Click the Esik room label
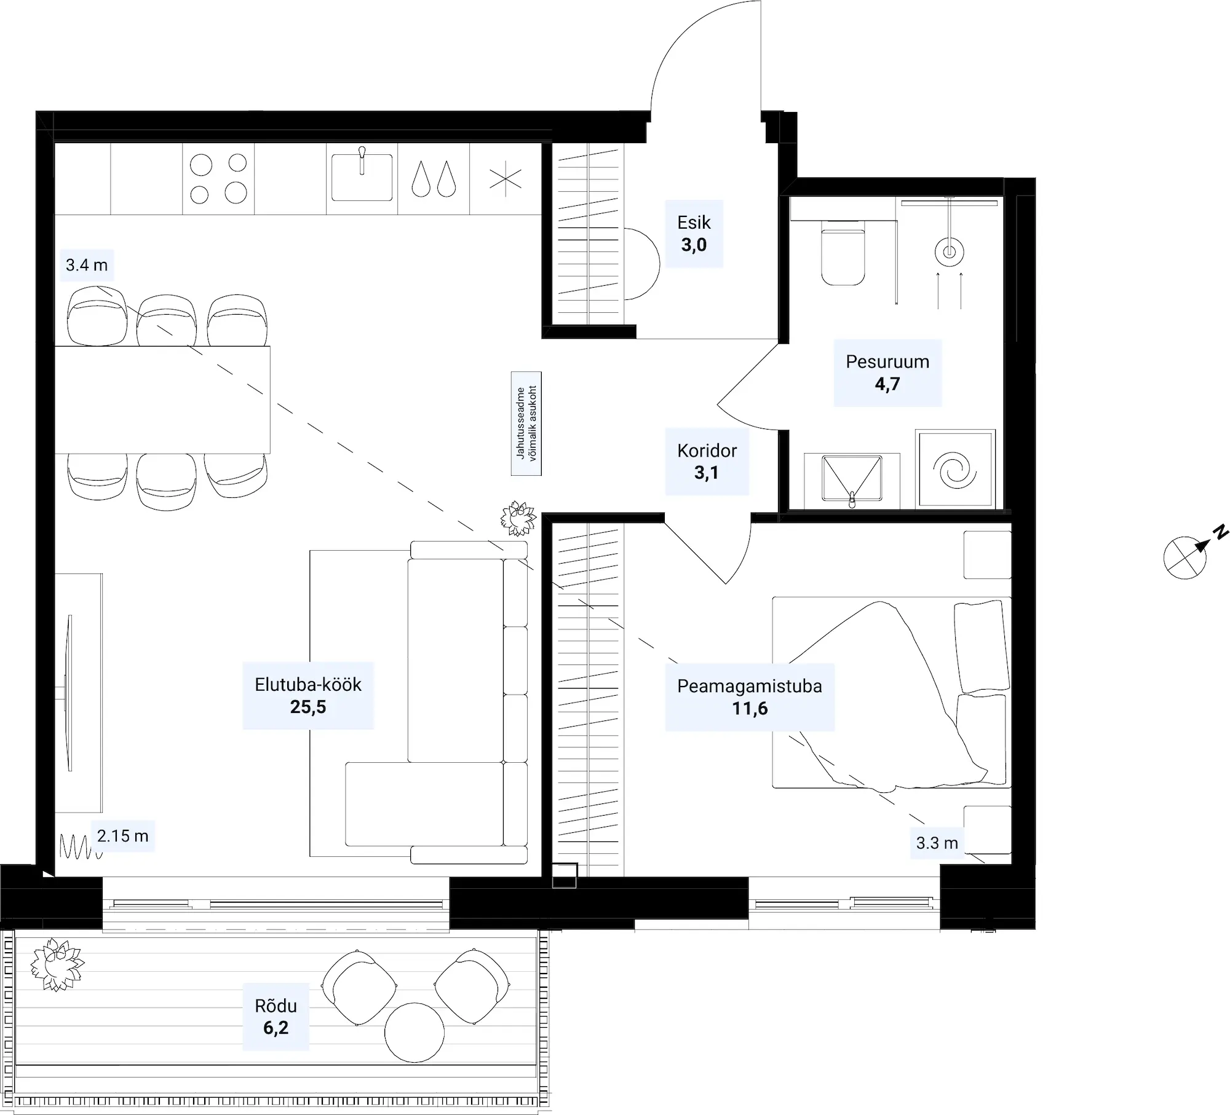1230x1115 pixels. coord(694,234)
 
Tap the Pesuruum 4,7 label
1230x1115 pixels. coord(887,372)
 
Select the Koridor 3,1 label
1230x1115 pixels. coord(707,462)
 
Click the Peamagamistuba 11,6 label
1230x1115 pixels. coord(750,697)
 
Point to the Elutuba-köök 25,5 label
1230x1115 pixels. coord(308,696)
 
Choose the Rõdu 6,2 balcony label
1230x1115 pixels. coord(276,1017)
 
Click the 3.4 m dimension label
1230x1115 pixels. coord(87,265)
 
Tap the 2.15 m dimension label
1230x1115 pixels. coord(123,836)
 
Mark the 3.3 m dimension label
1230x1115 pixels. coord(937,843)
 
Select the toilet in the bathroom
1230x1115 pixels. coord(843,257)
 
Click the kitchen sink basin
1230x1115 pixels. coord(362,177)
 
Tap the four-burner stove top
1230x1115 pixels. coord(218,178)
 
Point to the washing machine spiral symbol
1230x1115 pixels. coord(954,470)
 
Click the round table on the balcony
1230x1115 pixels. coord(415,1032)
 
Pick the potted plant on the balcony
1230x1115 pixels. coord(57,964)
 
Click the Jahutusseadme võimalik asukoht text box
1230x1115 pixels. coord(526,424)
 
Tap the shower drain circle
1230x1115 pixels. coord(950,251)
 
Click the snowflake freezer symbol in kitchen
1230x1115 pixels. coord(506,179)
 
